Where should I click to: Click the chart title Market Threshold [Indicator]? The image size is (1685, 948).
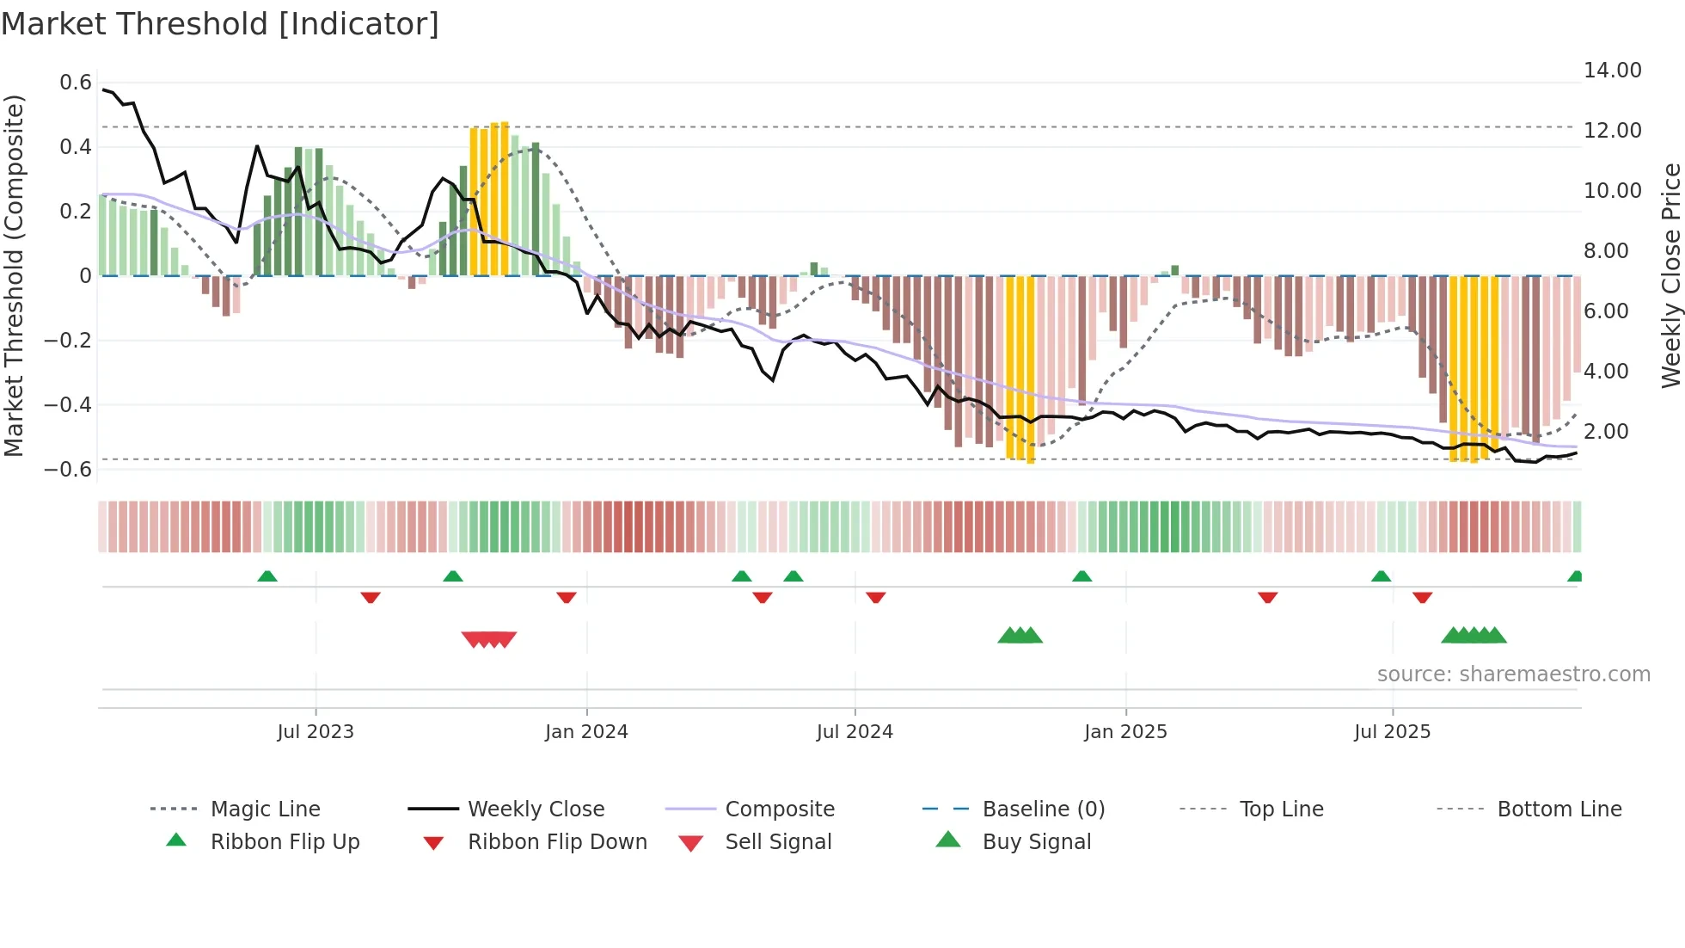pyautogui.click(x=220, y=24)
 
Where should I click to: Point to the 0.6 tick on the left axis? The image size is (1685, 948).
pyautogui.click(x=76, y=83)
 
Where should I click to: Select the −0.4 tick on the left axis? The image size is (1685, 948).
pyautogui.click(x=68, y=405)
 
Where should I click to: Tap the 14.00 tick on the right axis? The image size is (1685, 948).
pyautogui.click(x=1613, y=71)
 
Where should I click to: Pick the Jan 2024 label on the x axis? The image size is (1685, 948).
pyautogui.click(x=586, y=732)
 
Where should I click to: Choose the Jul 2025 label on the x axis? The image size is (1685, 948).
pyautogui.click(x=1392, y=732)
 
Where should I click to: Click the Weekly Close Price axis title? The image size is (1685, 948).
pyautogui.click(x=1670, y=275)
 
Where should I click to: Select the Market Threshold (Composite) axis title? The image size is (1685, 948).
pyautogui.click(x=14, y=275)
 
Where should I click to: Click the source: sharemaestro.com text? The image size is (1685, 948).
pyautogui.click(x=1513, y=674)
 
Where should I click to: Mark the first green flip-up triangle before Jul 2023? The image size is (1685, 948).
pyautogui.click(x=267, y=576)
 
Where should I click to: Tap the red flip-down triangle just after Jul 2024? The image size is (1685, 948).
pyautogui.click(x=876, y=597)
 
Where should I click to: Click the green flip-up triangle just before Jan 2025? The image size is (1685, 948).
pyautogui.click(x=1082, y=576)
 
